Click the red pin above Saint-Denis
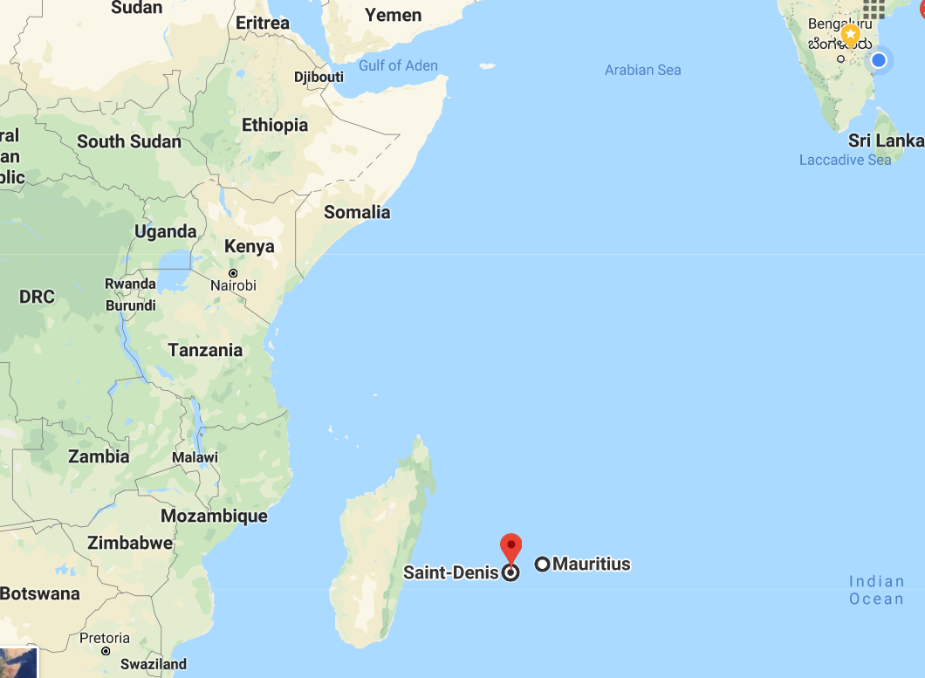click(510, 547)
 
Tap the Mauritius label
click(591, 564)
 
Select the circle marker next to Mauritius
click(542, 565)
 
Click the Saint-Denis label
click(450, 572)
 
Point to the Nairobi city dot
click(233, 273)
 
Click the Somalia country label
click(357, 212)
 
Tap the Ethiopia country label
click(275, 125)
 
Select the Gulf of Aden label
click(398, 65)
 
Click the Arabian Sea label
click(643, 70)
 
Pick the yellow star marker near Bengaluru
click(851, 37)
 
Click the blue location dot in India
click(879, 60)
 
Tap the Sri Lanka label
click(886, 140)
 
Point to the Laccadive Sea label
click(845, 160)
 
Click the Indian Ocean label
click(877, 590)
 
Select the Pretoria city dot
click(106, 651)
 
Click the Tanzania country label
click(205, 350)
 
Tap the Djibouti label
click(319, 77)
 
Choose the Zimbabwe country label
click(130, 543)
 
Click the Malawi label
click(195, 457)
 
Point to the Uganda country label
click(166, 231)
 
